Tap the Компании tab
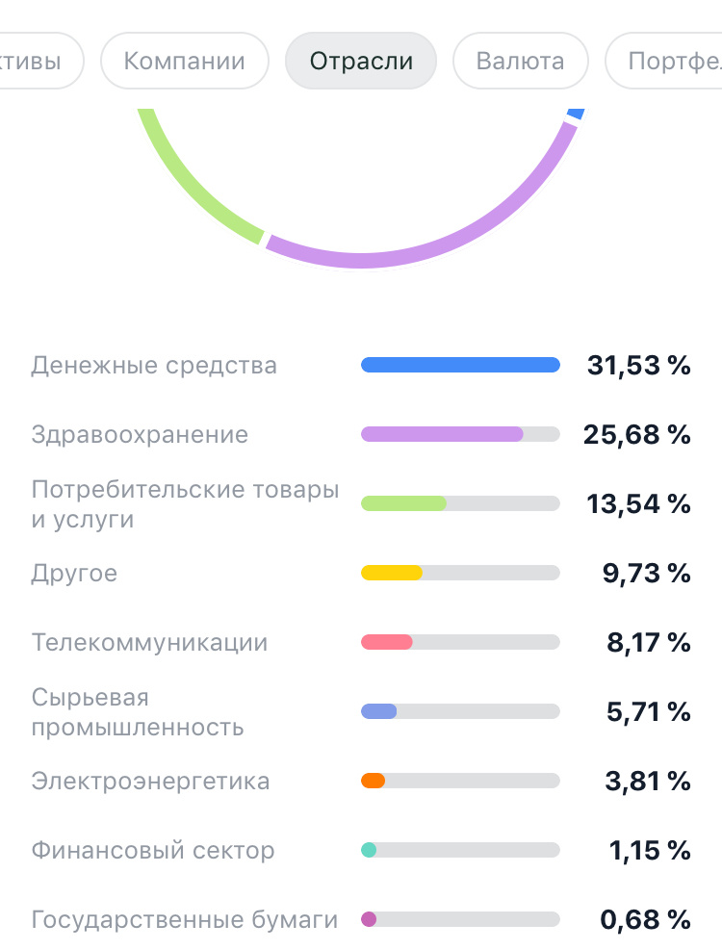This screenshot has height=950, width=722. click(184, 62)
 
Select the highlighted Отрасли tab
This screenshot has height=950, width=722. click(361, 62)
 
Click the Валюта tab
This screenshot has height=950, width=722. click(520, 62)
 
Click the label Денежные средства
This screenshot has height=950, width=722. click(154, 366)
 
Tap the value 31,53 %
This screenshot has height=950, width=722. click(639, 366)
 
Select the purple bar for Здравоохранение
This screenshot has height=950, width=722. click(442, 435)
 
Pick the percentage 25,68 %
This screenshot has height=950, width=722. click(637, 435)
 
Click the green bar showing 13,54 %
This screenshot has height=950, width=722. click(403, 503)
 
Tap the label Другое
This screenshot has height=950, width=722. click(74, 574)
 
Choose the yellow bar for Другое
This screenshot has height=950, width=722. click(392, 574)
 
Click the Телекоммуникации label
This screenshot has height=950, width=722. click(149, 643)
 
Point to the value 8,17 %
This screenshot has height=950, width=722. click(648, 643)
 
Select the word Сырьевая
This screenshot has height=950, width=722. click(90, 698)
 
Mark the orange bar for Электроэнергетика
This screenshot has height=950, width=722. click(374, 781)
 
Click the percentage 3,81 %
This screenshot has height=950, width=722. click(648, 782)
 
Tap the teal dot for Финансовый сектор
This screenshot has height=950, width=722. click(369, 850)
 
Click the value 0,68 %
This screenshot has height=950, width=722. click(646, 920)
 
